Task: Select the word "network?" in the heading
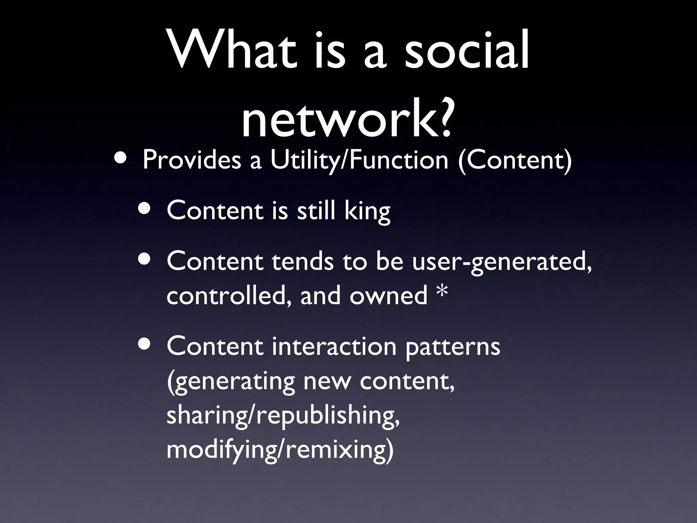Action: [x=347, y=117]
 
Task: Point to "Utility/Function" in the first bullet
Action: [x=359, y=160]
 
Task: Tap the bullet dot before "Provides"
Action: [x=121, y=159]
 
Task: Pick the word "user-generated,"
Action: [x=502, y=262]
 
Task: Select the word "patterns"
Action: [x=453, y=347]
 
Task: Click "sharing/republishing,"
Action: [x=283, y=416]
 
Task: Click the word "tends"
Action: [x=303, y=262]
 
